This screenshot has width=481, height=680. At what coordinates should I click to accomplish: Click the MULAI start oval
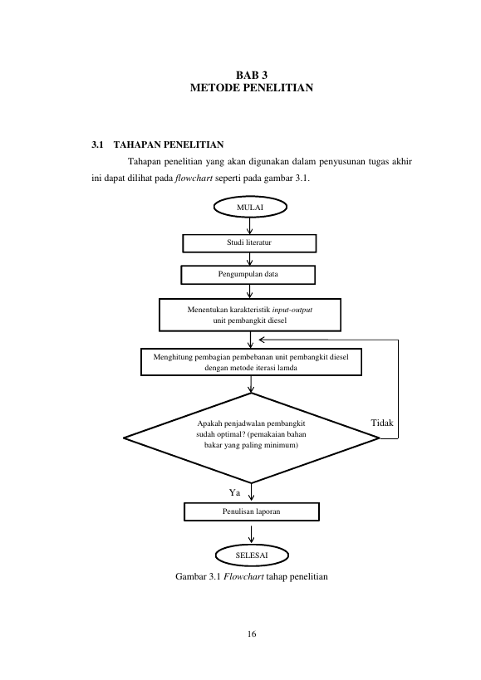250,207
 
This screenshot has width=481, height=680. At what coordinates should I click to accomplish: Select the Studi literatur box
249,243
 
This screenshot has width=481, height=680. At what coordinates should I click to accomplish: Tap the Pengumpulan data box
248,275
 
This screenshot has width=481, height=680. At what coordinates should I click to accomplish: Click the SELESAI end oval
252,555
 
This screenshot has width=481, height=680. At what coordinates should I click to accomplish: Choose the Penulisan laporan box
252,511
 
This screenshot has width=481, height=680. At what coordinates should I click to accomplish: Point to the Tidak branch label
382,423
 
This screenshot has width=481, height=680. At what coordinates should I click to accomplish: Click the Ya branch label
234,492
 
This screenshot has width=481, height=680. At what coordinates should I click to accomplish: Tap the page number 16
252,634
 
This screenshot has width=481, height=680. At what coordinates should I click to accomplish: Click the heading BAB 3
252,76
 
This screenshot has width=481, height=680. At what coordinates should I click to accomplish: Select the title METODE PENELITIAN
252,88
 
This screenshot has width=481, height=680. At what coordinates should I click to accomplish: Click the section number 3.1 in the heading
97,144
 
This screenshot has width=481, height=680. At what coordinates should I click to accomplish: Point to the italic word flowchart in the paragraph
194,179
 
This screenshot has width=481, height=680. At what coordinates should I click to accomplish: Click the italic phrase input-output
292,310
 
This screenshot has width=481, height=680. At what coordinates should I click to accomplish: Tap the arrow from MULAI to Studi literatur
250,226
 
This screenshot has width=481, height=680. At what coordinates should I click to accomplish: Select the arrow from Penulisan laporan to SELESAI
251,535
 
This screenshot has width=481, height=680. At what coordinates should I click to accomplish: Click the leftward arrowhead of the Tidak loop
261,340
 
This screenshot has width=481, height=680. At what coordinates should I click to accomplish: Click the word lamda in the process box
288,368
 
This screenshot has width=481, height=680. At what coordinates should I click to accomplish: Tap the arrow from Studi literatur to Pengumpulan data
249,259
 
